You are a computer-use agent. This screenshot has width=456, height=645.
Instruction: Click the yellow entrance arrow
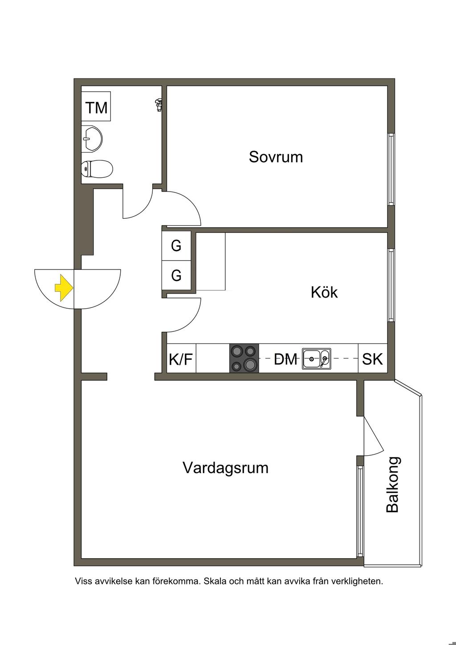coord(64,288)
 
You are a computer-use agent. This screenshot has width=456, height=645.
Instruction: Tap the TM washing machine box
coord(96,108)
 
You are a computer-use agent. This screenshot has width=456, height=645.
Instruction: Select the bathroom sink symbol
coord(92,138)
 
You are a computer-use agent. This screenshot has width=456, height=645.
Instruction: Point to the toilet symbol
coord(97,169)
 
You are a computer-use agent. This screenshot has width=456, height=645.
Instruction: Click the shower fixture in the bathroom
coord(157,105)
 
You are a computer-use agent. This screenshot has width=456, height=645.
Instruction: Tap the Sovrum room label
coord(276,157)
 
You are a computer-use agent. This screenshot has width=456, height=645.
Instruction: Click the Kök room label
coord(324,292)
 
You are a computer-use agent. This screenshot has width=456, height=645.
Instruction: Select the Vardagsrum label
coord(225,468)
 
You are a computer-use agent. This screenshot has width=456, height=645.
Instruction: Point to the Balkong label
coord(392,485)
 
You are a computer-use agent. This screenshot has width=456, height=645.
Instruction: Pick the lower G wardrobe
coord(176,275)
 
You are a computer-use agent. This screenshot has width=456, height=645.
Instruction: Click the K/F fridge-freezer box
coord(181,359)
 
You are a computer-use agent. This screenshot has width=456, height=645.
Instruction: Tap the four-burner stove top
coord(244,358)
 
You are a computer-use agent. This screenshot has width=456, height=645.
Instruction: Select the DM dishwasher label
coord(285,359)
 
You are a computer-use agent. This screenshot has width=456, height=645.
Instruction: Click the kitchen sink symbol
coord(316,359)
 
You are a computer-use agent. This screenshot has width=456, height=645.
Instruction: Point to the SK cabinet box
coord(372,359)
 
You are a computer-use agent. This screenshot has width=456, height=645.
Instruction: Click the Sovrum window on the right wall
coord(391,169)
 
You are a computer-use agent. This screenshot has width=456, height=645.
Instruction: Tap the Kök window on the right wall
coord(391,285)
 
